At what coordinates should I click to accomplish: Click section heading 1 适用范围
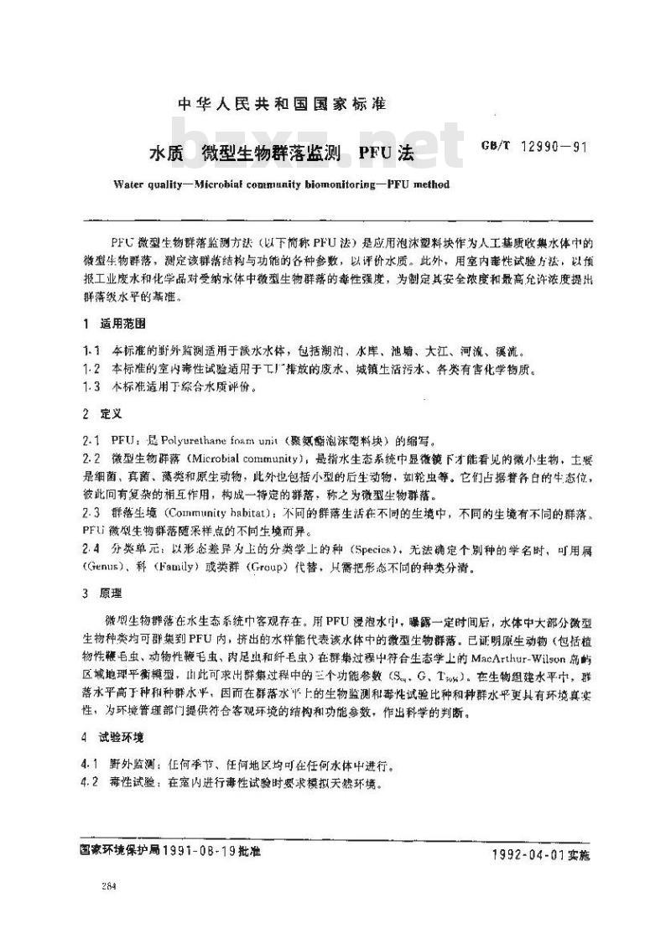122,324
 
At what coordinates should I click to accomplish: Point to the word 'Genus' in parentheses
105,566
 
